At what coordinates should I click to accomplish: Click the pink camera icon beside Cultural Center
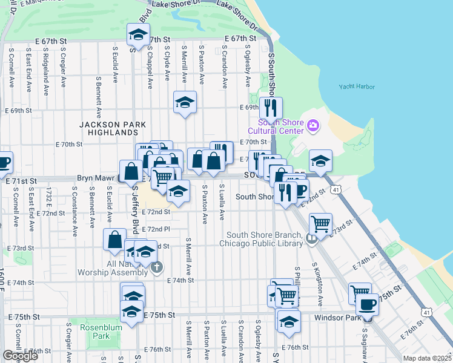313,126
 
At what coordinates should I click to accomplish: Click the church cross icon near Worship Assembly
156,267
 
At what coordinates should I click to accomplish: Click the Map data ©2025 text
428,358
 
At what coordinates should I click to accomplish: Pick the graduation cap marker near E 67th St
138,34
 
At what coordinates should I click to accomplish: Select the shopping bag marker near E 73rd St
114,240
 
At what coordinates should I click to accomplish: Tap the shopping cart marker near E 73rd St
320,224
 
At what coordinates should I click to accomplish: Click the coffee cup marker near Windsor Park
367,304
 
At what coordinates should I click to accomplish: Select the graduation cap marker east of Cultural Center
320,161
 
